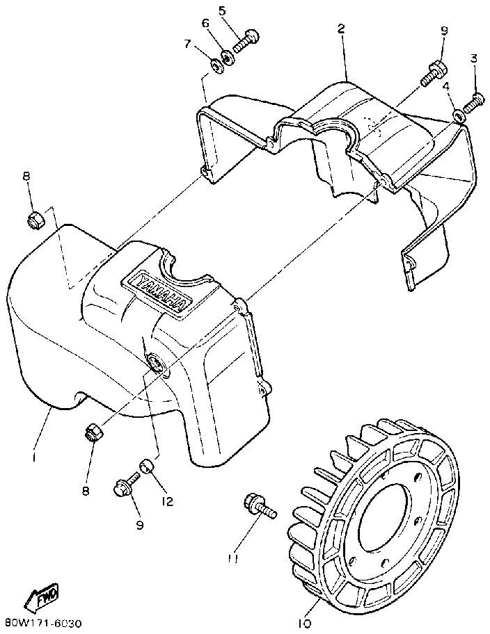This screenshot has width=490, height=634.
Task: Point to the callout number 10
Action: pyautogui.click(x=303, y=624)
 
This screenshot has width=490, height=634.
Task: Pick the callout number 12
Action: pyautogui.click(x=168, y=500)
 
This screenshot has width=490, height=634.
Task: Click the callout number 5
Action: pyautogui.click(x=222, y=10)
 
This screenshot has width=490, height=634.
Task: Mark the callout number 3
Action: pyautogui.click(x=474, y=58)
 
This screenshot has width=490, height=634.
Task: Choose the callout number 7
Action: pyautogui.click(x=187, y=44)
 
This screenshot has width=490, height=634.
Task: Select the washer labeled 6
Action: pyautogui.click(x=228, y=55)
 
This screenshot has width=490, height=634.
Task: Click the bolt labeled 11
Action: pyautogui.click(x=258, y=507)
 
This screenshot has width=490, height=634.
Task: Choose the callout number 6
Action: pyautogui.click(x=205, y=23)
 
